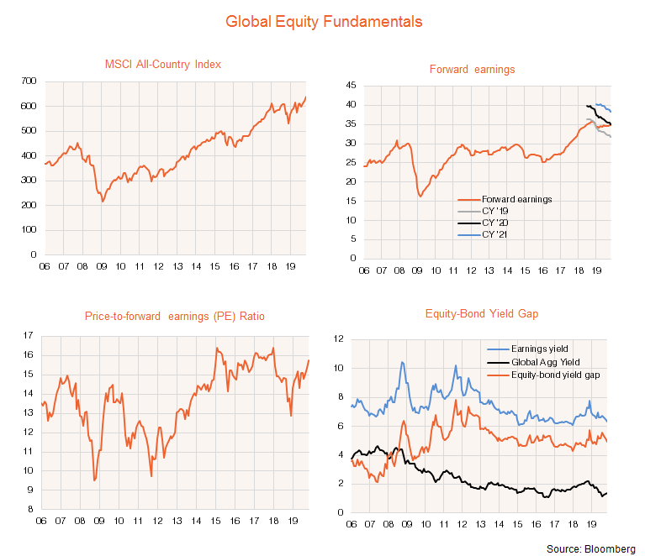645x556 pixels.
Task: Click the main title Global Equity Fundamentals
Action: click(324, 20)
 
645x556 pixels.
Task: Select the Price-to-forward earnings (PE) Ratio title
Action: click(175, 317)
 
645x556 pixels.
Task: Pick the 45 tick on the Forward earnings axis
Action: click(352, 86)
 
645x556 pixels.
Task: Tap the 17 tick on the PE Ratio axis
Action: click(28, 336)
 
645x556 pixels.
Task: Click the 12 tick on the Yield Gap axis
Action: click(340, 339)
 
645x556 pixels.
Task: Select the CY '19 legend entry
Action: click(495, 211)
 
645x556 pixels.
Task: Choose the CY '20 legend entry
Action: click(495, 223)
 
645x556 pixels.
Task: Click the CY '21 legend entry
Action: click(495, 234)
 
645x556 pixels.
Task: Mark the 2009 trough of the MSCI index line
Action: click(103, 202)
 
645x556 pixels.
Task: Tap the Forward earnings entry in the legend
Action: click(512, 199)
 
